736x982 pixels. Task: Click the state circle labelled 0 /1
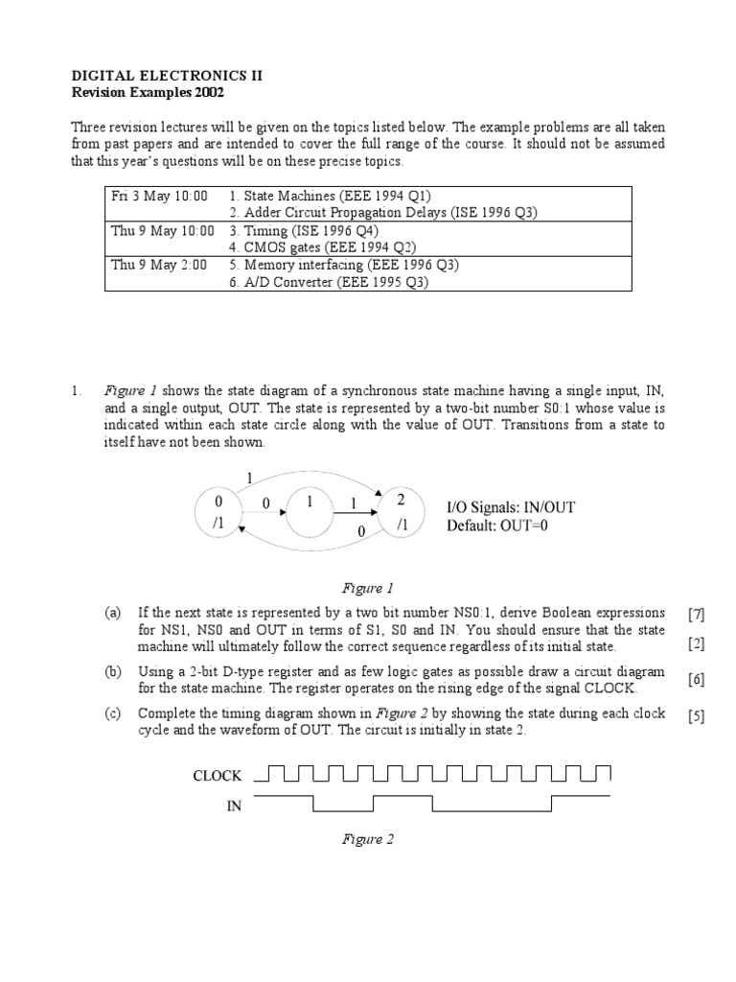[219, 512]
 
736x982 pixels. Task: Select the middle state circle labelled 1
[310, 514]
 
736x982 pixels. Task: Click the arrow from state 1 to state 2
[357, 515]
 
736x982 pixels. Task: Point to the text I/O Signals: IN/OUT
[511, 506]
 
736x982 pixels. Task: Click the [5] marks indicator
[696, 718]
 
